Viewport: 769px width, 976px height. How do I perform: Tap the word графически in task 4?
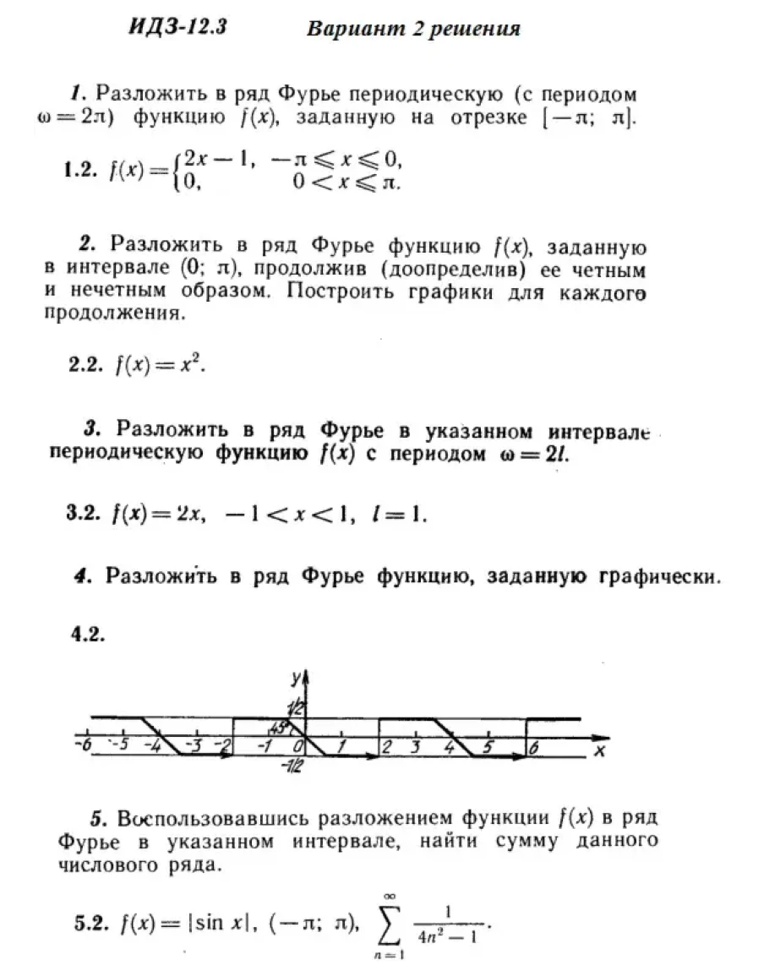click(663, 577)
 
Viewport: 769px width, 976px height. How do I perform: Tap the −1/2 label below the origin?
click(295, 766)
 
